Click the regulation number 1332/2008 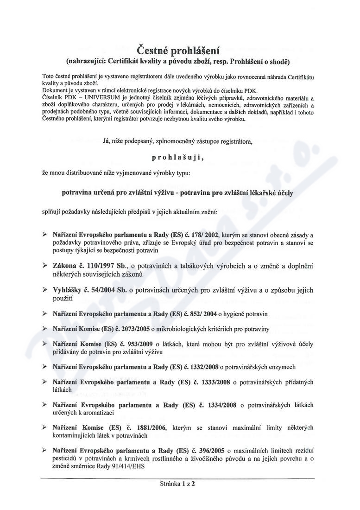point(204,367)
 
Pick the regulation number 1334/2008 point(219,405)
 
